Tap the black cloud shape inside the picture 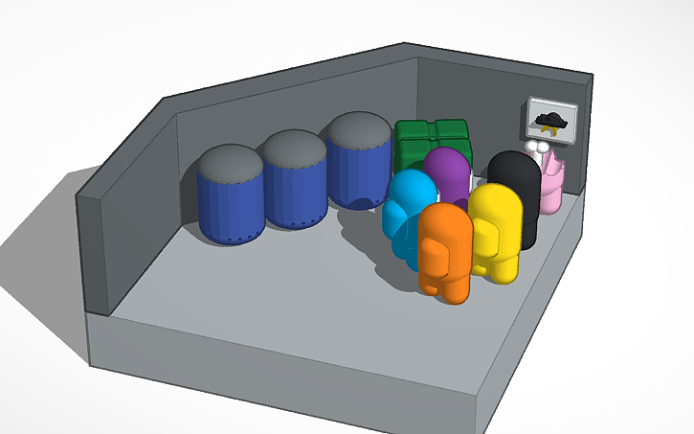(x=550, y=118)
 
